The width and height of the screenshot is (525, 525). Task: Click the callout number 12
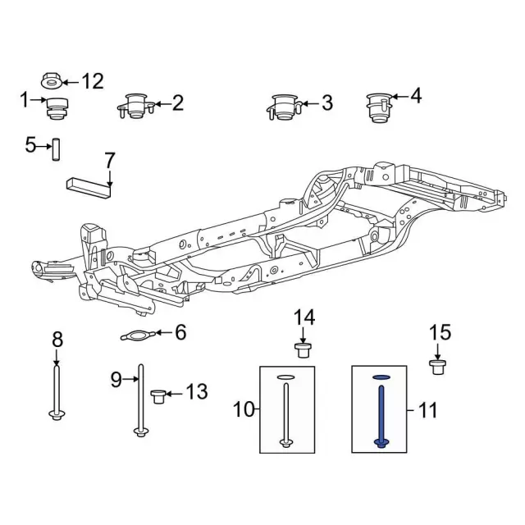click(x=93, y=81)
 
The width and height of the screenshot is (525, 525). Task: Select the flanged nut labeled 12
click(x=51, y=80)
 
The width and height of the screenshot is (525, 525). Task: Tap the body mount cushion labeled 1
click(x=57, y=107)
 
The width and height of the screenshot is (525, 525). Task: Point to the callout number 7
click(x=110, y=161)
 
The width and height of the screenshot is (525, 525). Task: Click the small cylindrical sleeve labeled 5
click(x=57, y=149)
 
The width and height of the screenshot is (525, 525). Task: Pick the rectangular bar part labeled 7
click(x=89, y=188)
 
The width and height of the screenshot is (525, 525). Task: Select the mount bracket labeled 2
click(x=136, y=106)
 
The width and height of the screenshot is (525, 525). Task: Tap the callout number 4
click(x=416, y=96)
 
